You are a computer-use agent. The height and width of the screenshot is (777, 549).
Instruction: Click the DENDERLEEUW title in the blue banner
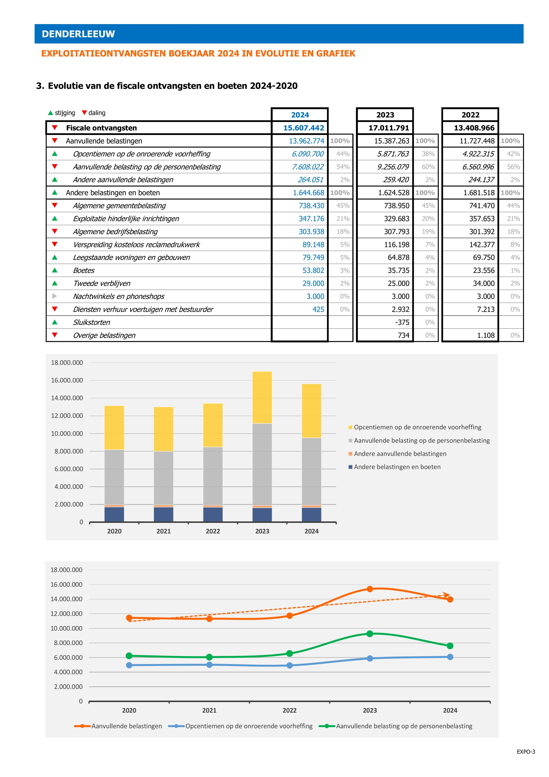78,34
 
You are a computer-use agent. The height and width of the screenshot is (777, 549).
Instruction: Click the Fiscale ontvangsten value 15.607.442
303,128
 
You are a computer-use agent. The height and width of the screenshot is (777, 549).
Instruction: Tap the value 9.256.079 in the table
393,167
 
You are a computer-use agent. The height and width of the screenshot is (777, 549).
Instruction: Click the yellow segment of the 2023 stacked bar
262,397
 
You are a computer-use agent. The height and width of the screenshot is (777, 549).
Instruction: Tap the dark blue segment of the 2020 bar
114,514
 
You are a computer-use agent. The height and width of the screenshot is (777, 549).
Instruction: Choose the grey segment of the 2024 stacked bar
312,471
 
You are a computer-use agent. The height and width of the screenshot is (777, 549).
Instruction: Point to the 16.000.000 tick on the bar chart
67,380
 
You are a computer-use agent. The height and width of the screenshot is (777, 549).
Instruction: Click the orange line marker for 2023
370,589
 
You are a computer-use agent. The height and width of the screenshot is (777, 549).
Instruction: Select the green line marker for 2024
450,646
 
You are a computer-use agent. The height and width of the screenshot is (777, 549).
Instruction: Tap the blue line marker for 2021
209,665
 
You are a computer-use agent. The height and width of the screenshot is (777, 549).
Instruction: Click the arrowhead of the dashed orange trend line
447,595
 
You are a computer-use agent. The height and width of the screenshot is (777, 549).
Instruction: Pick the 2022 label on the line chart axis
290,710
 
